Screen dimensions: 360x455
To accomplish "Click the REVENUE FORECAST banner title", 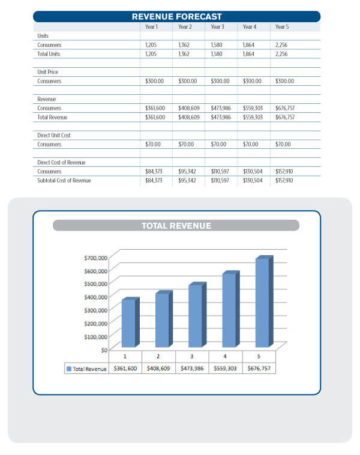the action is [x=176, y=17].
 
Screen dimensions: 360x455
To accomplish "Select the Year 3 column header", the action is [x=217, y=26].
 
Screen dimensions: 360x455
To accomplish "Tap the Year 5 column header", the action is [x=282, y=26].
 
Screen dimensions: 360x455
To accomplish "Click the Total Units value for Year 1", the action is [x=151, y=54].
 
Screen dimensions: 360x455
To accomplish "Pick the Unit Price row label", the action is [x=47, y=72].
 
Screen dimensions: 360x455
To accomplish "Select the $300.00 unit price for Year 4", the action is [x=252, y=81].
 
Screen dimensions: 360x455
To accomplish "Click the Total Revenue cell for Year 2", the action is [x=189, y=117].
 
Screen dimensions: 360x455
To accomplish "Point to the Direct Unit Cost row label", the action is [x=54, y=135].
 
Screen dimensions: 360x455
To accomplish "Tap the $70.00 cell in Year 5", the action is [x=283, y=144].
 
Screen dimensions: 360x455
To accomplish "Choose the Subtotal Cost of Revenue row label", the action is [x=64, y=181].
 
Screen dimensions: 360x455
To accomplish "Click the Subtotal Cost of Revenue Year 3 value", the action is [x=220, y=181].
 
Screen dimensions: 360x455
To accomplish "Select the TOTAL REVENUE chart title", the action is [x=176, y=226].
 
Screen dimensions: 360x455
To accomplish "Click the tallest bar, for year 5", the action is [x=264, y=301].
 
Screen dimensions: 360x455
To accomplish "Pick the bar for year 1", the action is [x=131, y=322].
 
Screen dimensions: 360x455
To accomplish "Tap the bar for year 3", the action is [x=197, y=315].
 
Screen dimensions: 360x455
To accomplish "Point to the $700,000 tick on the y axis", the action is [x=96, y=258].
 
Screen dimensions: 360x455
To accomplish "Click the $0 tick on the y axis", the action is [x=104, y=350].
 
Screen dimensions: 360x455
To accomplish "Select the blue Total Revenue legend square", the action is [x=69, y=369].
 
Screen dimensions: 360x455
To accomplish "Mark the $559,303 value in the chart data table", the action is [x=225, y=368].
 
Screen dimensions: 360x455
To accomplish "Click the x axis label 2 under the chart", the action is [x=158, y=356].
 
